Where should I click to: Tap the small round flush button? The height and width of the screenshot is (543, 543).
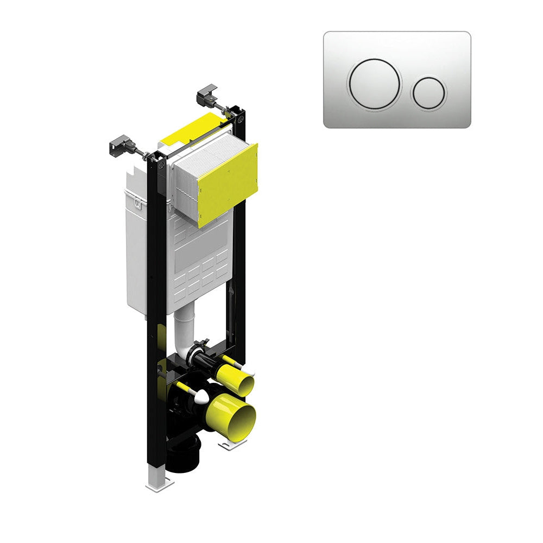(429, 92)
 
